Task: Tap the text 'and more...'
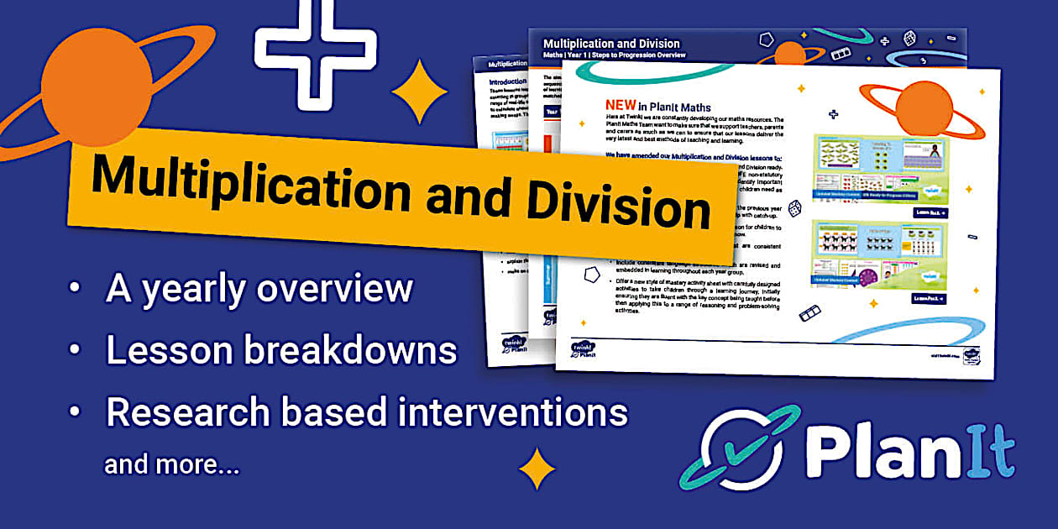171,464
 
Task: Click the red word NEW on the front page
620,106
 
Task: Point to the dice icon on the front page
793,207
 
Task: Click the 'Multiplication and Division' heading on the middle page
611,44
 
